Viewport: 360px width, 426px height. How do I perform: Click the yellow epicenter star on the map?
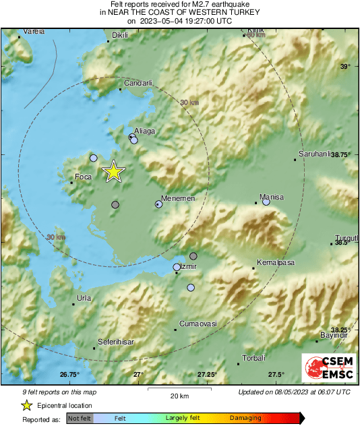(113, 172)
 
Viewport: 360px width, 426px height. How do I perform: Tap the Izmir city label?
(189, 267)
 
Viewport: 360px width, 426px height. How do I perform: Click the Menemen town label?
(179, 198)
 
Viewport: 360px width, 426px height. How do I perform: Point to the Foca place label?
(83, 177)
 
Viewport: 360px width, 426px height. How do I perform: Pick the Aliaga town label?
(145, 131)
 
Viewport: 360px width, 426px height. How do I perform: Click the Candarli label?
(138, 83)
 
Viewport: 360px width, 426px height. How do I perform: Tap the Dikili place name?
(119, 34)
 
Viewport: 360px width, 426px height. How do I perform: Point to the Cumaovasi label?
(198, 324)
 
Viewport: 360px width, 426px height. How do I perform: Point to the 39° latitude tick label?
(344, 66)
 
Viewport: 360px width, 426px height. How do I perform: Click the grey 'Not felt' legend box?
(79, 419)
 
